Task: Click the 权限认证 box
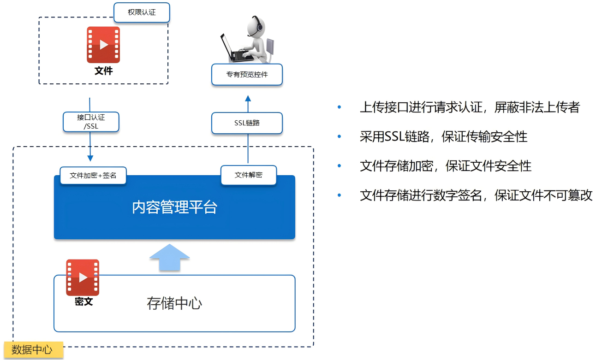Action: (x=142, y=12)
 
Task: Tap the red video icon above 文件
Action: (x=103, y=45)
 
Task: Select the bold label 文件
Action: (x=103, y=71)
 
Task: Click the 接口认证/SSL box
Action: (x=91, y=122)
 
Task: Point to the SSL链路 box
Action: (x=247, y=123)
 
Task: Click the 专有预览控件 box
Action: (x=247, y=75)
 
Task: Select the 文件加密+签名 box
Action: (x=93, y=176)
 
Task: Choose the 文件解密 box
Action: (x=249, y=176)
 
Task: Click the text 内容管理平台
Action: (x=174, y=207)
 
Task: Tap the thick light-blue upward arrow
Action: (x=170, y=258)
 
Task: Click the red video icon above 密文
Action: (x=83, y=277)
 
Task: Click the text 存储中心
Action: (x=174, y=303)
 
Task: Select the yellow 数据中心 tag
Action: (x=32, y=350)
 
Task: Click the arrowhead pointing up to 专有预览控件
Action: (x=248, y=98)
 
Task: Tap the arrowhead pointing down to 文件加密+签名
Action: (x=90, y=159)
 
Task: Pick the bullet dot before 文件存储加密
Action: (x=340, y=166)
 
